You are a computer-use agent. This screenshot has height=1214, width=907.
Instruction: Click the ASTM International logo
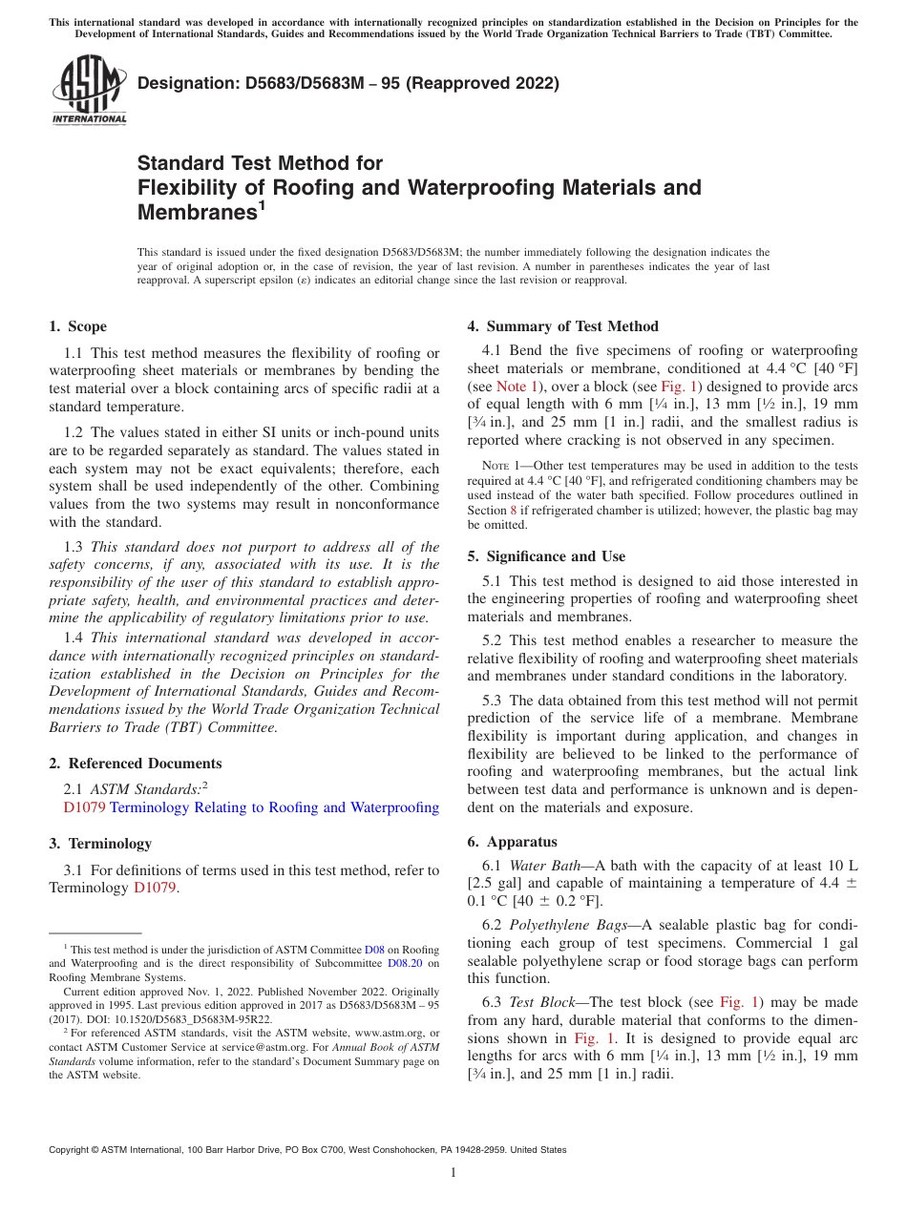point(89,92)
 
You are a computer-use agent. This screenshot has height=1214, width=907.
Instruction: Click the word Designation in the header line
point(185,83)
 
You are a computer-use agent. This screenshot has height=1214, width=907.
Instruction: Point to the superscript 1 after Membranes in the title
point(262,205)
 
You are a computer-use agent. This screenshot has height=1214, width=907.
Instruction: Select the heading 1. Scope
point(77,326)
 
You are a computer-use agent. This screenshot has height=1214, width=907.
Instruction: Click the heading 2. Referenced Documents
point(135,764)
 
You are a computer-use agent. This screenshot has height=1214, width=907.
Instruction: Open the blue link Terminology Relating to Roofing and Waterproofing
point(274,807)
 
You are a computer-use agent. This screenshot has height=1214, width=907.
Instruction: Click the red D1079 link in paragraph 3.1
point(154,888)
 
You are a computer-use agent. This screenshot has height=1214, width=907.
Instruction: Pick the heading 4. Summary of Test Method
point(562,326)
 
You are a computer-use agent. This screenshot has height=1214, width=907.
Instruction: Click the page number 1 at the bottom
point(453,1173)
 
